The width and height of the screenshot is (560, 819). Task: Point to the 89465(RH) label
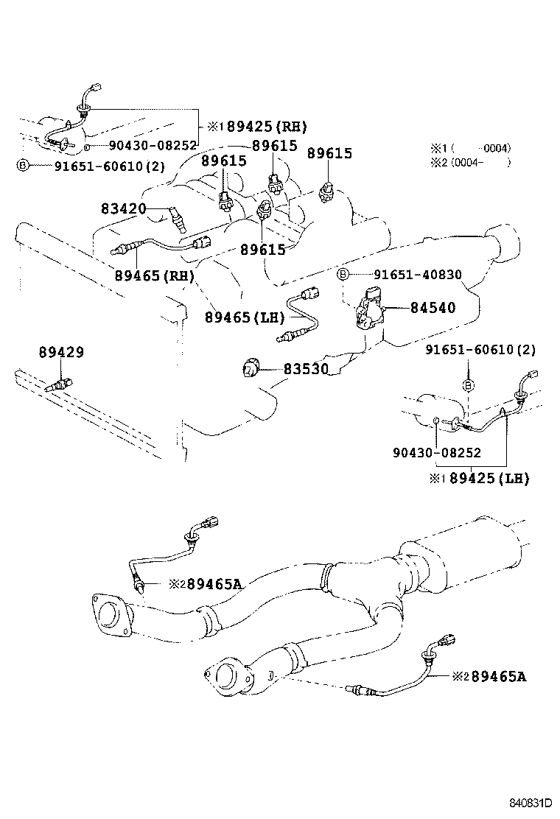[154, 276]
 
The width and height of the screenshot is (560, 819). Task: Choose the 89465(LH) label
[244, 317]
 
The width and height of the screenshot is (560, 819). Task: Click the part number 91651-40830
[417, 275]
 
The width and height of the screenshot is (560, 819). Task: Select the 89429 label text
[61, 353]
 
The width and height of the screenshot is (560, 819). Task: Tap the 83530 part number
[306, 369]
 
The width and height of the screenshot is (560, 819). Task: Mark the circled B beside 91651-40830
[343, 275]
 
